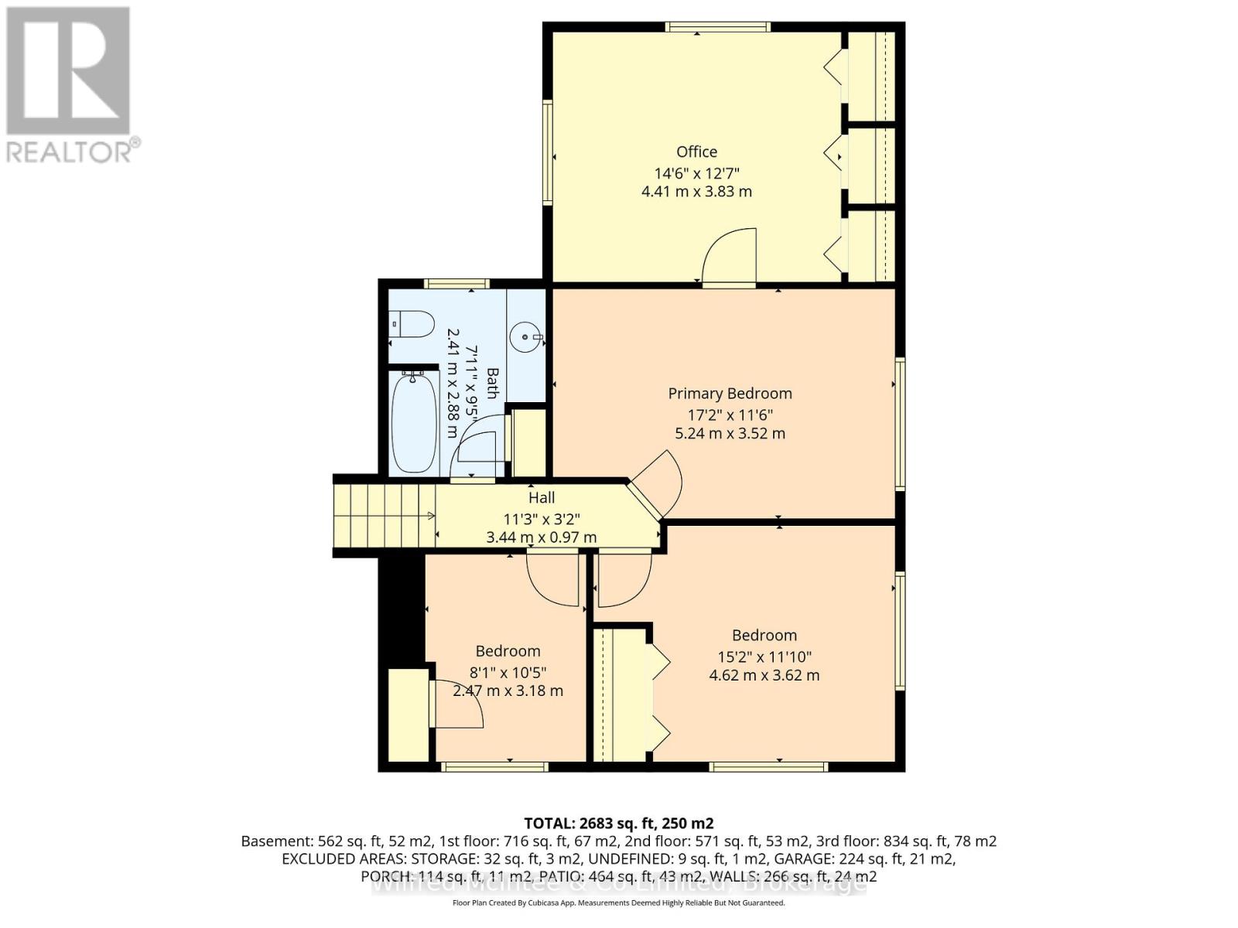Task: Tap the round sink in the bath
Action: [527, 336]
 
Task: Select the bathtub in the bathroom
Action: [413, 421]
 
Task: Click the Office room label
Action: [696, 152]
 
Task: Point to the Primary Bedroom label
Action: [730, 393]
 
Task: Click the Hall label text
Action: [542, 498]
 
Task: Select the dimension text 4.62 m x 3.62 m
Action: [764, 675]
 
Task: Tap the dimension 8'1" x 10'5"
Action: [508, 672]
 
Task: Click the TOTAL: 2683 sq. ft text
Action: [618, 823]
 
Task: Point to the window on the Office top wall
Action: [717, 27]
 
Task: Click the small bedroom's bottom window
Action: [494, 766]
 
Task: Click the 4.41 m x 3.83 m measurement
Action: [696, 191]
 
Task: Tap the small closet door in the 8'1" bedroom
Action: [457, 704]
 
